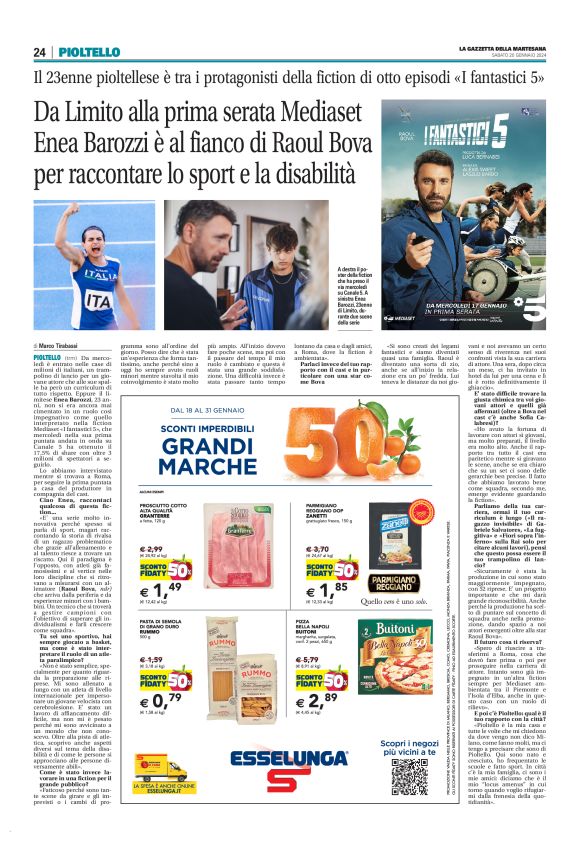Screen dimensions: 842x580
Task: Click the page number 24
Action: (x=39, y=52)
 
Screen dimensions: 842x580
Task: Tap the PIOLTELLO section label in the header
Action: (x=88, y=52)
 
